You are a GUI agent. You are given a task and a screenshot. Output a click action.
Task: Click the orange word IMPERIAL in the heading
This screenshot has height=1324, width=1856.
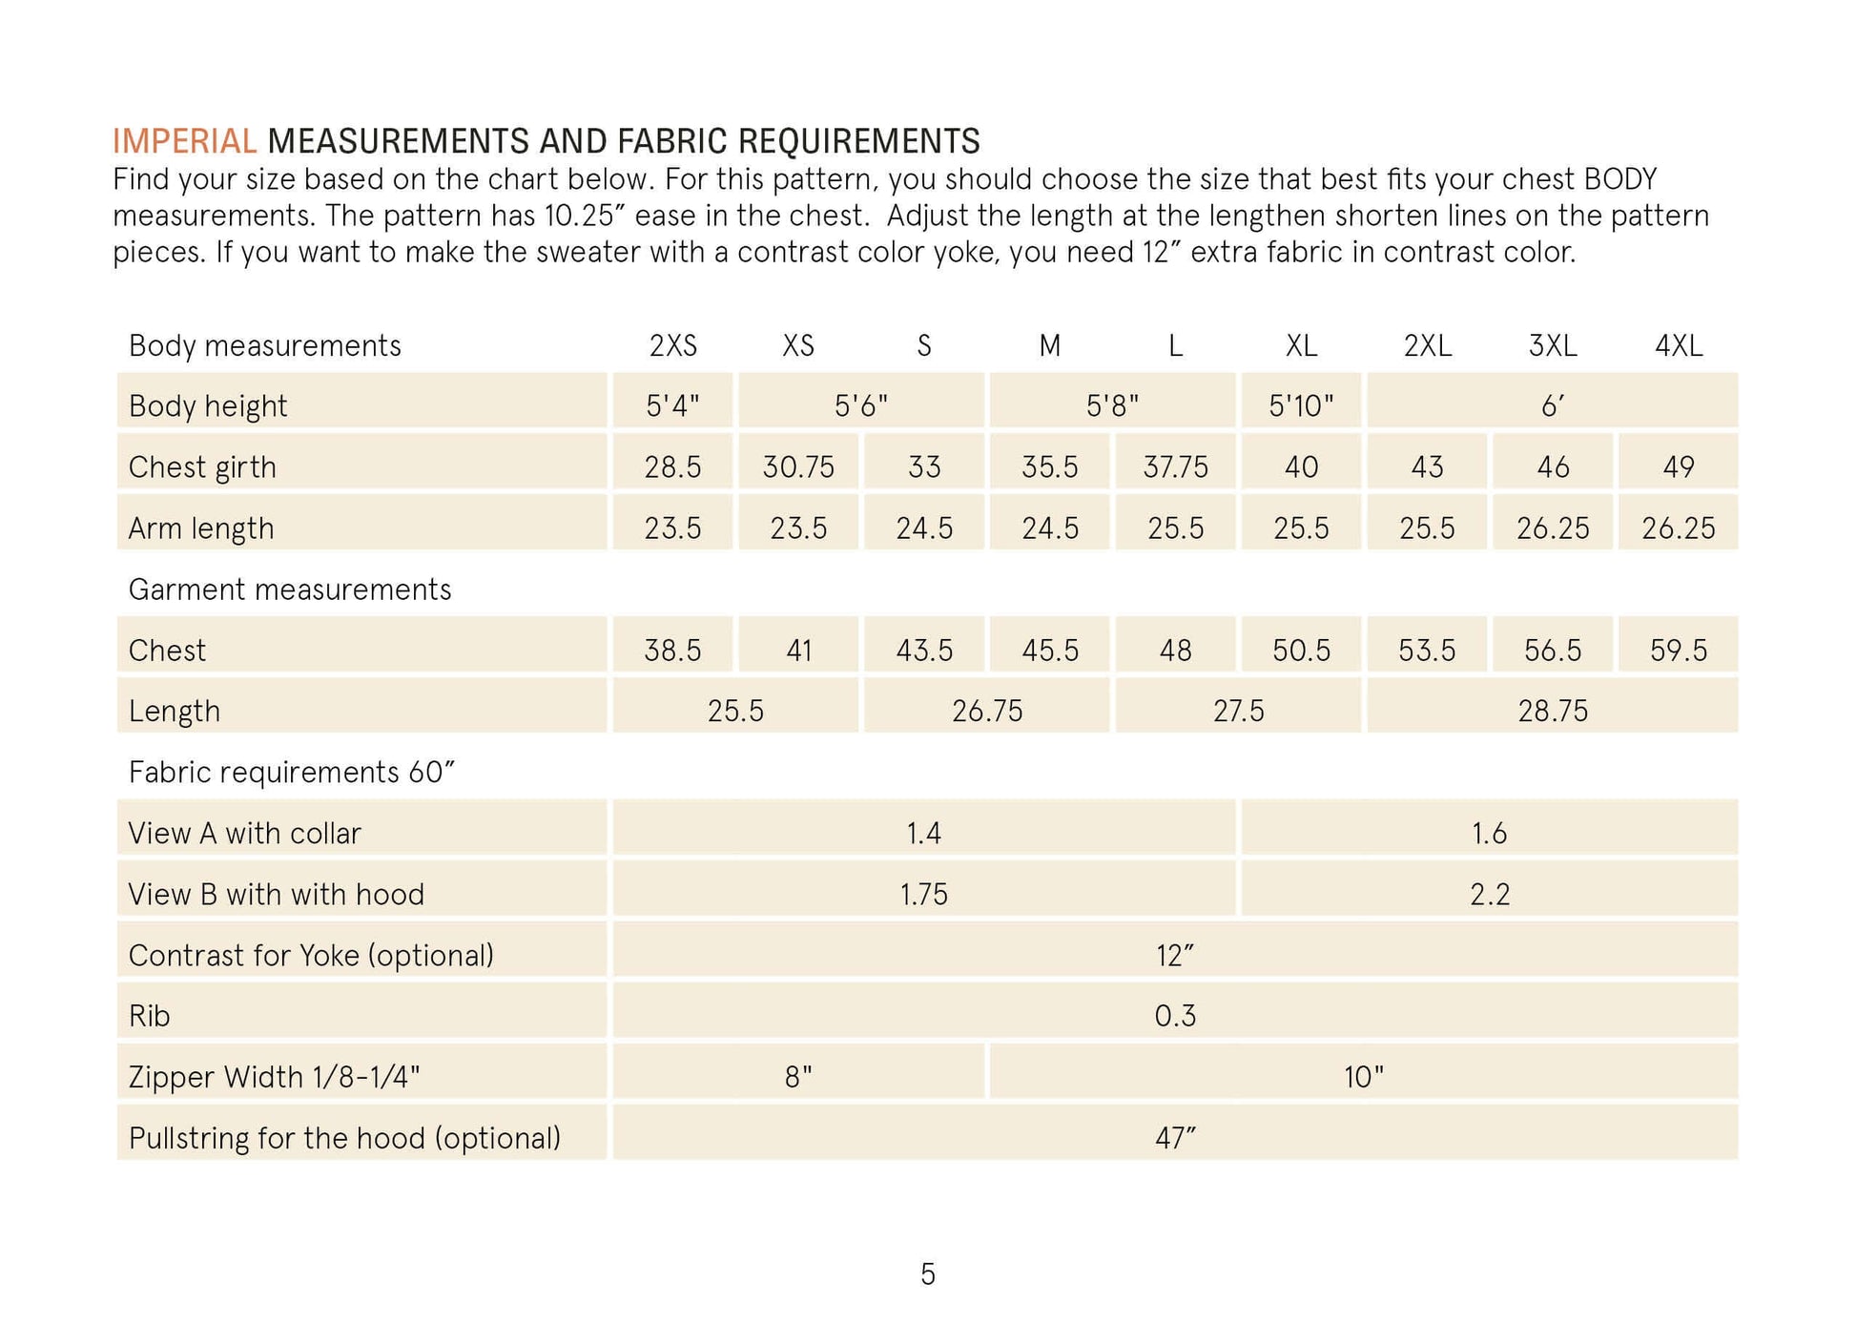point(184,141)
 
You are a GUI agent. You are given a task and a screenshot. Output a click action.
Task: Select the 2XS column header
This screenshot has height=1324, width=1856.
point(672,345)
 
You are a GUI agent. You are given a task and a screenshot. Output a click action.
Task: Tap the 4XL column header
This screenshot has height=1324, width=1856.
point(1678,345)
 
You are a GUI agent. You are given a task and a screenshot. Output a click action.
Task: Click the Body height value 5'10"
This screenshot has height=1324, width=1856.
point(1300,406)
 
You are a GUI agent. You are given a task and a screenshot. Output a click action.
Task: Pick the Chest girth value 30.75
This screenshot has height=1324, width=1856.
point(797,467)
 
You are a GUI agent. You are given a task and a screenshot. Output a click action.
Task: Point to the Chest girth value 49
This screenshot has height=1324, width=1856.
point(1678,467)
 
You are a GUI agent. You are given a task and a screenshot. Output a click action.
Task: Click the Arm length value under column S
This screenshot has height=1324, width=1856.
point(923,528)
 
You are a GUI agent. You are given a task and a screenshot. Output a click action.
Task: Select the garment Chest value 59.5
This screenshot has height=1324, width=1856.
point(1678,651)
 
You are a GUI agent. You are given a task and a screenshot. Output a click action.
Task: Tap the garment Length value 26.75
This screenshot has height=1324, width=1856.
point(986,712)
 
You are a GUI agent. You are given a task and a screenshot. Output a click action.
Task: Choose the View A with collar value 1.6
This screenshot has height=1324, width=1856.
point(1488,834)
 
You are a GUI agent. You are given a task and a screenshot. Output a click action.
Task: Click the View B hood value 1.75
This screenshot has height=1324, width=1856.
point(923,895)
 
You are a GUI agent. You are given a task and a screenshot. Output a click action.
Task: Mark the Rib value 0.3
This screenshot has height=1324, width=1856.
point(1174,1016)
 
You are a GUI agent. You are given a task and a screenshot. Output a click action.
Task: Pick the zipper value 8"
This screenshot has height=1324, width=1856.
point(797,1077)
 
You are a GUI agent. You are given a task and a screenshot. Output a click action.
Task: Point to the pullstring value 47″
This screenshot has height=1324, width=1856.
point(1174,1138)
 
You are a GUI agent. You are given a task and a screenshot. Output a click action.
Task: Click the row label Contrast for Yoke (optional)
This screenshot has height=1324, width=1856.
point(311,955)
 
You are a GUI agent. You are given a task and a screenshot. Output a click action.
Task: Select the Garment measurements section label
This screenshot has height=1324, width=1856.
point(289,590)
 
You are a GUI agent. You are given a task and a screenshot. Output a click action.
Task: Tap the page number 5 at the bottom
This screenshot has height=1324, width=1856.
point(927,1274)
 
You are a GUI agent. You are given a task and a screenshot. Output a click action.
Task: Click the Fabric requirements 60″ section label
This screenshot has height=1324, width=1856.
point(291,772)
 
